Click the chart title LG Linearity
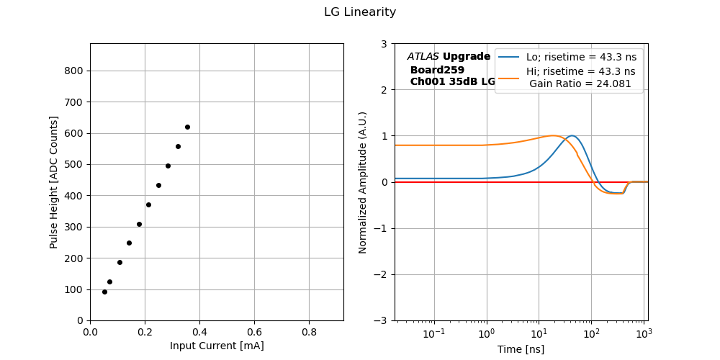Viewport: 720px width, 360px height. [359, 12]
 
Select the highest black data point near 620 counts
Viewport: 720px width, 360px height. [187, 127]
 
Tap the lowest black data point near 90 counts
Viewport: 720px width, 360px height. [104, 292]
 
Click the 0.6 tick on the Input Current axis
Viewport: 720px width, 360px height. [254, 333]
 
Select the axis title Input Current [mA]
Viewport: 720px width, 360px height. [217, 346]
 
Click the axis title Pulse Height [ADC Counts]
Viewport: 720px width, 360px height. [54, 181]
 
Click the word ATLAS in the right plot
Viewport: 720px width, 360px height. [423, 56]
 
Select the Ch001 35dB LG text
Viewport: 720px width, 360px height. [452, 82]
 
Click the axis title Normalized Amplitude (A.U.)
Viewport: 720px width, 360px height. [363, 182]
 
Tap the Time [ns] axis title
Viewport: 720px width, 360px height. [521, 349]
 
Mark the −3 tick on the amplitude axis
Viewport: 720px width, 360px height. [380, 320]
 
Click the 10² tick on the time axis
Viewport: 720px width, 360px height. [591, 333]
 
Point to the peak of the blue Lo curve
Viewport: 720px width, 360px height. [572, 135]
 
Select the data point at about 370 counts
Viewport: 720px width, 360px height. [148, 204]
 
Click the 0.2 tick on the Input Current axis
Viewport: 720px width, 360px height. [145, 333]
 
